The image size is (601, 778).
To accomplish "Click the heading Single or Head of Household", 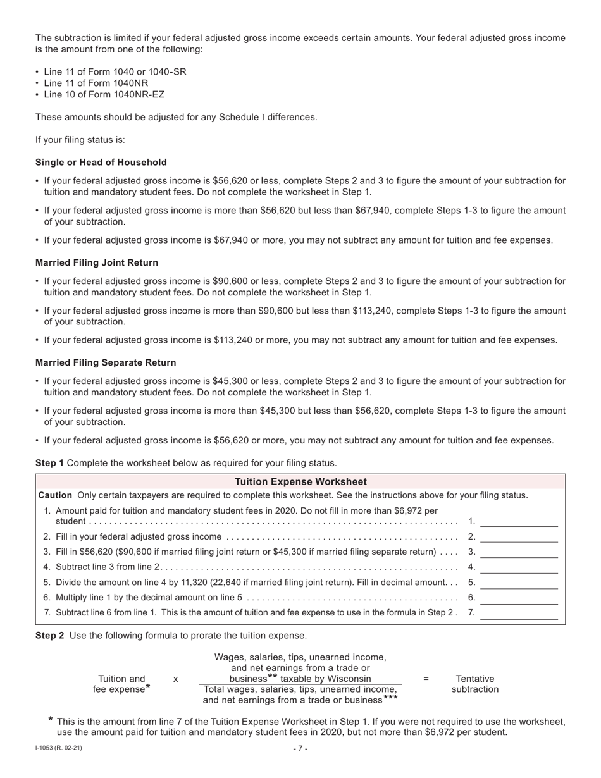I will (101, 163).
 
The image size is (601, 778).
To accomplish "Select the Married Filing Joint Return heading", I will (97, 262).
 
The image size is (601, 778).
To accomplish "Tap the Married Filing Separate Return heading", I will (106, 362).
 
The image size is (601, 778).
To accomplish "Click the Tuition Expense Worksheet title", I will (300, 481).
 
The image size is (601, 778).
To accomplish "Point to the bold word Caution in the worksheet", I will (56, 495).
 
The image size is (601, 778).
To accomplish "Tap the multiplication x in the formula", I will (175, 679).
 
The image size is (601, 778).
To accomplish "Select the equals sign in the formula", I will (426, 679).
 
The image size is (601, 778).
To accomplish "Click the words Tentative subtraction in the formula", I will (475, 684).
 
